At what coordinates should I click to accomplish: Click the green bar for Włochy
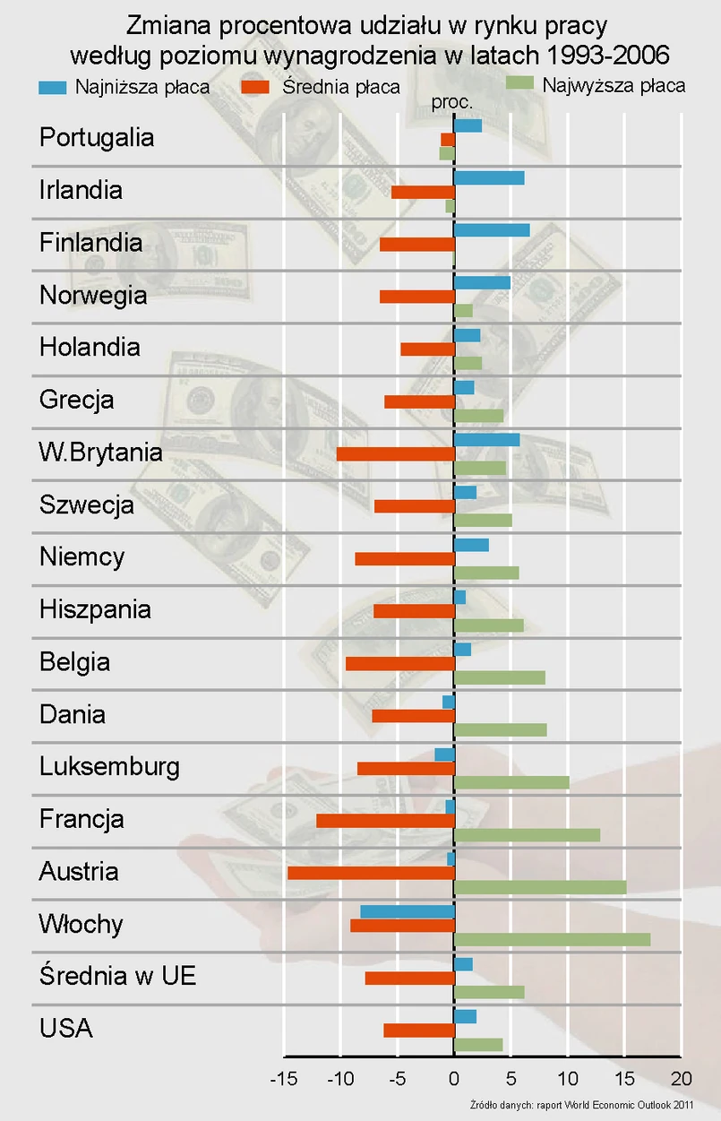(x=552, y=939)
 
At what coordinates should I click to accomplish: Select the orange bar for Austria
(x=371, y=873)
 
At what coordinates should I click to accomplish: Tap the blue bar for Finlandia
(x=492, y=230)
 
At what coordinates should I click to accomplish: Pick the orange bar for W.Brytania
(x=395, y=453)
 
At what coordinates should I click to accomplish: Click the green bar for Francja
(x=527, y=835)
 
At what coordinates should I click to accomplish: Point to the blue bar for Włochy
(x=408, y=911)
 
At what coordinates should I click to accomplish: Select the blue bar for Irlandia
(x=489, y=177)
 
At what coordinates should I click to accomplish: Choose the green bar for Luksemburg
(x=511, y=782)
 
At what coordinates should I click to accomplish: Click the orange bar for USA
(x=419, y=1030)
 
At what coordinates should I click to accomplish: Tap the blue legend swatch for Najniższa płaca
(x=53, y=88)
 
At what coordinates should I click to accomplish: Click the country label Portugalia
(x=97, y=138)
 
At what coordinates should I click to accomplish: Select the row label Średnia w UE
(x=117, y=976)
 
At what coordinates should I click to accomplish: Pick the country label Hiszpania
(x=95, y=610)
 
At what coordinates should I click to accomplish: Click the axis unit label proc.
(x=452, y=103)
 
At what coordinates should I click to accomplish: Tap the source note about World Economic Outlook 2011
(x=581, y=1105)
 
